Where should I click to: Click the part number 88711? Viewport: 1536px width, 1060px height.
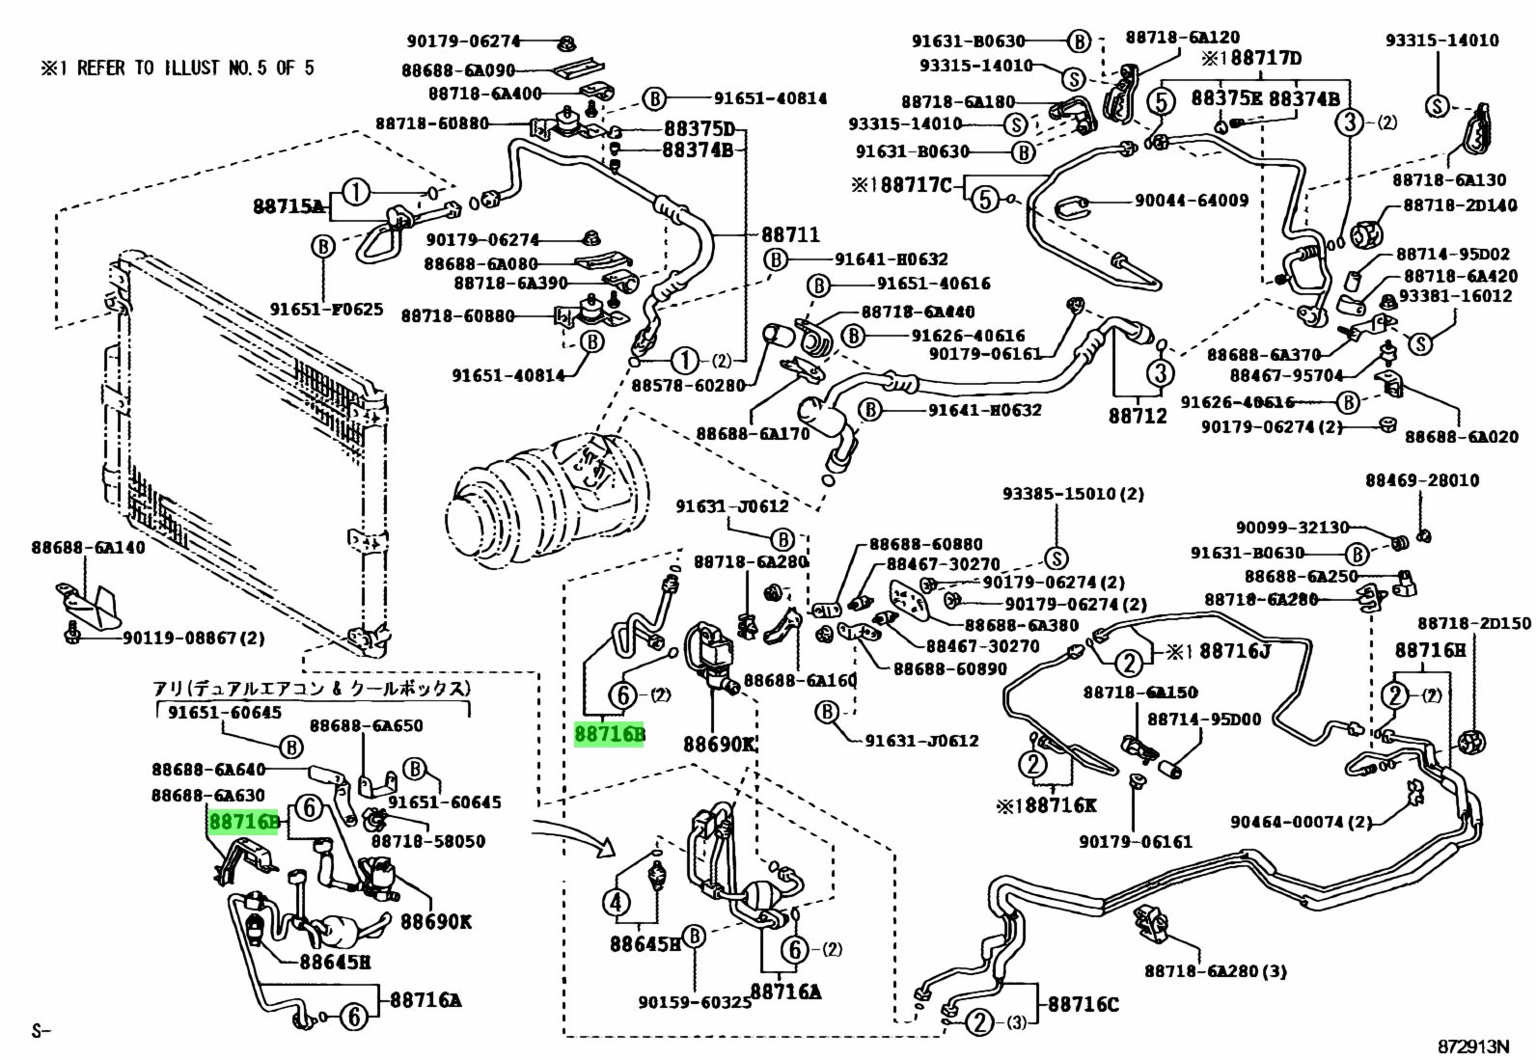(790, 234)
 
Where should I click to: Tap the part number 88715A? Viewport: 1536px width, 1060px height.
(288, 205)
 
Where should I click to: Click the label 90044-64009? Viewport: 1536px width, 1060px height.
(1192, 201)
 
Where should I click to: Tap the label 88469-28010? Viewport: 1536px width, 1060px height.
(1421, 480)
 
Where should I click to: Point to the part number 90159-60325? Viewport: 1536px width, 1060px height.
(695, 1003)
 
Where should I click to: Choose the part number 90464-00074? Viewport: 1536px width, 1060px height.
(1300, 822)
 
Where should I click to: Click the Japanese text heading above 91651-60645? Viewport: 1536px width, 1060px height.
(312, 689)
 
